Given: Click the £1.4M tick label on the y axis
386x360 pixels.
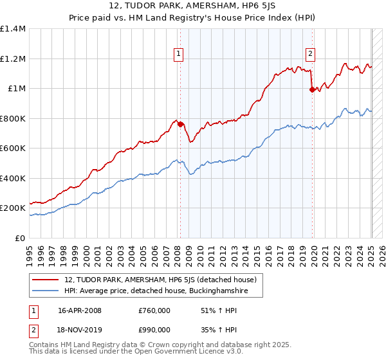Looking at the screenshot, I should (x=13, y=29).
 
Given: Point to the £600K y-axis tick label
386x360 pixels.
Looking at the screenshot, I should (x=13, y=148).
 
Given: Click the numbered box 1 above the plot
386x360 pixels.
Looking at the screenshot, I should (x=178, y=55).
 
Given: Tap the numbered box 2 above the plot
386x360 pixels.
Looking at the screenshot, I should (x=310, y=55).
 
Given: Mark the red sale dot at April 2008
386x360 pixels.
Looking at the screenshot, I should (x=181, y=125).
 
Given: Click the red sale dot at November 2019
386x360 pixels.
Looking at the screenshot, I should (x=313, y=90).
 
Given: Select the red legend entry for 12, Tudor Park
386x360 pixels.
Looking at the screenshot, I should (x=161, y=280).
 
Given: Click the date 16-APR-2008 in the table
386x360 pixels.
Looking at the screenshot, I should (x=80, y=310).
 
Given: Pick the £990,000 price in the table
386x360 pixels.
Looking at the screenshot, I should (x=154, y=329).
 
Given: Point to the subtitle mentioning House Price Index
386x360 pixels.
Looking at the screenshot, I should (x=193, y=19).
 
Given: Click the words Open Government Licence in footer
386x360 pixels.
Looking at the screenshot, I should (x=181, y=353).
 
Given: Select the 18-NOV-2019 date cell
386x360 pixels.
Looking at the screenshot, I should (x=80, y=329).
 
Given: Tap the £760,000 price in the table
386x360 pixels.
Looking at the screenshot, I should (x=154, y=310).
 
